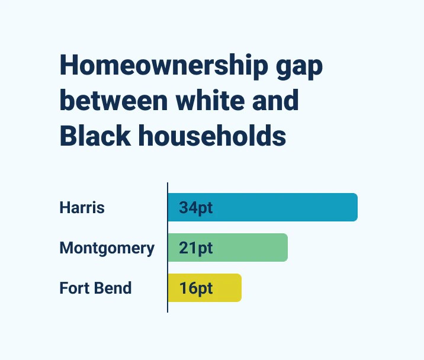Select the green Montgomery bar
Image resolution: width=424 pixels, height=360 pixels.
coord(249,247)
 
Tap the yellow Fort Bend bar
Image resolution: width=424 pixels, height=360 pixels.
coord(225,288)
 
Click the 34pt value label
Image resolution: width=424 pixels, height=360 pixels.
coord(196,208)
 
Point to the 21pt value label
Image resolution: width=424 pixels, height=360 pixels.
coord(196,248)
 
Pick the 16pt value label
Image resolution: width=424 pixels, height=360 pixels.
coord(196,288)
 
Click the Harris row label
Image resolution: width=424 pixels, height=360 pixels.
coord(82,208)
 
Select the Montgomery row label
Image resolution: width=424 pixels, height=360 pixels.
coord(107,248)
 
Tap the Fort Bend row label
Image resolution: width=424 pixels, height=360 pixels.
coord(95,288)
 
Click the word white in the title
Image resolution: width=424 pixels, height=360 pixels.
coord(213,101)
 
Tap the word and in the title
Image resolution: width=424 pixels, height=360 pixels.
coord(276,101)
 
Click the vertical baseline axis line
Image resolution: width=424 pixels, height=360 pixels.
coord(168,249)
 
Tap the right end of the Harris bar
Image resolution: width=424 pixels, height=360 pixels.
coord(355,207)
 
